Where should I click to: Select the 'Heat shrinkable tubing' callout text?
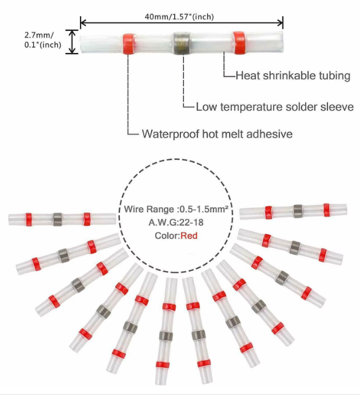293,76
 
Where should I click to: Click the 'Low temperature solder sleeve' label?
274,106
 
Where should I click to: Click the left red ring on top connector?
128,42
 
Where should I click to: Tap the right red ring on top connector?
238,42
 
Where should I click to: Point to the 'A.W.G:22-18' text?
172,222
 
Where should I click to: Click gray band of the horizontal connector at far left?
57,218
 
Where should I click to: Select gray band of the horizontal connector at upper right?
298,210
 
